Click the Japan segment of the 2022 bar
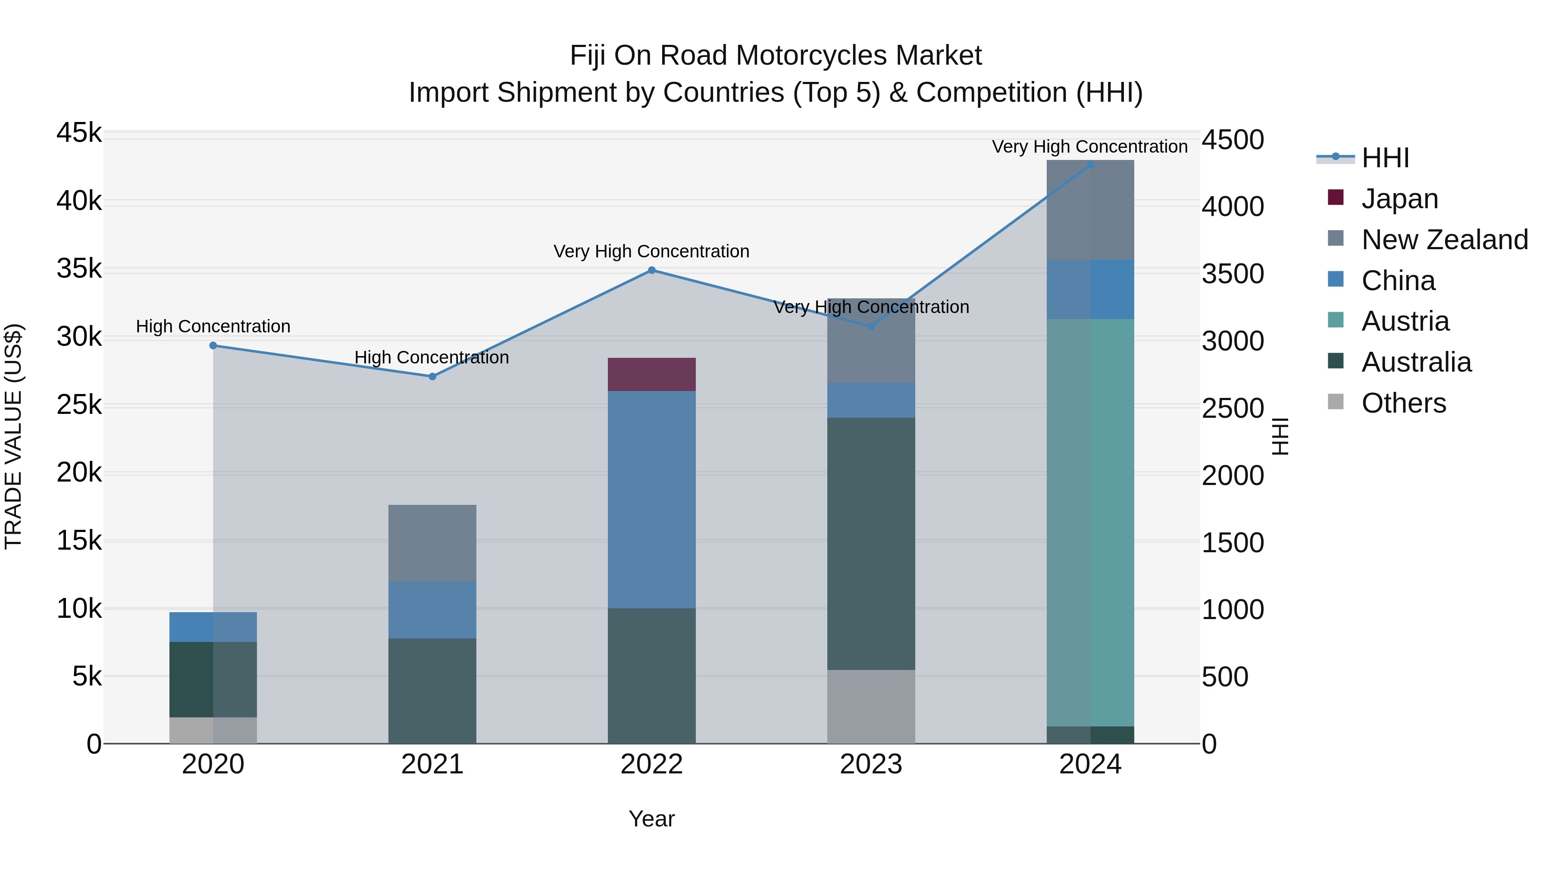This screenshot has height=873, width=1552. point(651,374)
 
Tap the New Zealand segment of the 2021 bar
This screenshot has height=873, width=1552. point(432,542)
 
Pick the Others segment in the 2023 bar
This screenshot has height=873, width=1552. point(870,706)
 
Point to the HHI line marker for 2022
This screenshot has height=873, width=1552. point(651,270)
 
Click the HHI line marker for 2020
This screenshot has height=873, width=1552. point(213,345)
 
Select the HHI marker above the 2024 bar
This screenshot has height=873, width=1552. point(1090,165)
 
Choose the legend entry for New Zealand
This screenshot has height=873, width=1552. point(1444,239)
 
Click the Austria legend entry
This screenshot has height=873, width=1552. point(1405,321)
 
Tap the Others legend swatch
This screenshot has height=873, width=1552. point(1335,402)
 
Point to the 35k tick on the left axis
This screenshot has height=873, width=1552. point(79,269)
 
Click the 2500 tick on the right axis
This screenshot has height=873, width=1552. point(1233,409)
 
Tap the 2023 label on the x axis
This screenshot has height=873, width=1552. point(870,764)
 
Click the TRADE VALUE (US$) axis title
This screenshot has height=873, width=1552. point(13,436)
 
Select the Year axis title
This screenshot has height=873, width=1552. point(651,819)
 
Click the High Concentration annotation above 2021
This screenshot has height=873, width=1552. point(432,357)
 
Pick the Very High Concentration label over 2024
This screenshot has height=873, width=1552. point(1089,147)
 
